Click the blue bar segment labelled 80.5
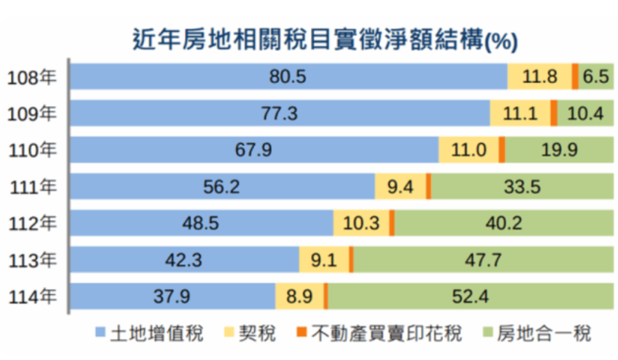(288, 77)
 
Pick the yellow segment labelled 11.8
(539, 77)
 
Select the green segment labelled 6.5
(596, 77)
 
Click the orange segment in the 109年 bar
(554, 113)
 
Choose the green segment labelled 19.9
(559, 150)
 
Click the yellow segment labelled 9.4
(400, 187)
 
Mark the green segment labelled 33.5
(522, 187)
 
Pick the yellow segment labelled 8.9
(300, 296)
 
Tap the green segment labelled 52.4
(471, 296)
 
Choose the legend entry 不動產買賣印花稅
(380, 334)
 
